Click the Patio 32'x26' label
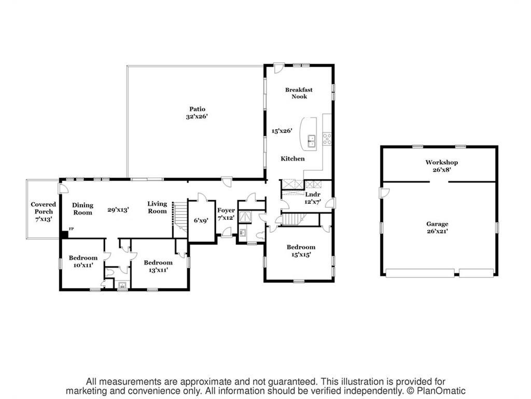click(x=197, y=113)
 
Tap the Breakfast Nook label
click(x=299, y=93)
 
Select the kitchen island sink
click(x=312, y=139)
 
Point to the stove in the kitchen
click(x=327, y=138)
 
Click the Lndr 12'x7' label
click(x=312, y=197)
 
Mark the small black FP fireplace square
click(x=64, y=234)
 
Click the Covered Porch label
click(x=43, y=211)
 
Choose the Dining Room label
click(x=82, y=208)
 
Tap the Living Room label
click(x=157, y=207)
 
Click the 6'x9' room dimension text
click(x=201, y=220)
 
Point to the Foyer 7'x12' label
click(x=226, y=214)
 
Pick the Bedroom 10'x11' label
click(x=83, y=261)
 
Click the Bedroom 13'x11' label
click(x=158, y=266)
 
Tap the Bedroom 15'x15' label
click(x=301, y=250)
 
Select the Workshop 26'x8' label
click(x=441, y=166)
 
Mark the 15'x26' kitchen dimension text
click(x=283, y=131)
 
